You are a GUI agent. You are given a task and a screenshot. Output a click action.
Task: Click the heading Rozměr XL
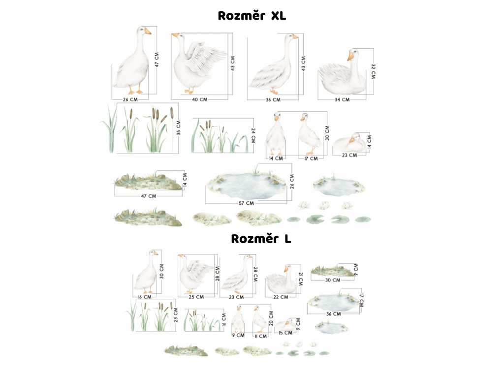252,15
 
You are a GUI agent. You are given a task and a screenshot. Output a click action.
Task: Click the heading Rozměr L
261,239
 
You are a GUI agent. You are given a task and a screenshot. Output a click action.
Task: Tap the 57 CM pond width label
246,203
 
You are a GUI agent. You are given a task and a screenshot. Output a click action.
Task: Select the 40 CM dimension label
199,99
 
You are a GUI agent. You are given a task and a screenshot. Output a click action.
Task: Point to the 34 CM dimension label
342,99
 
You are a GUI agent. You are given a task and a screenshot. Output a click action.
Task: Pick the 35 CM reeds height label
179,127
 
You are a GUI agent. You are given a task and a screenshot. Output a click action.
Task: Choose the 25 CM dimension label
196,297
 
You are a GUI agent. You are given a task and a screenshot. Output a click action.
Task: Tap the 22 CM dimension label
280,297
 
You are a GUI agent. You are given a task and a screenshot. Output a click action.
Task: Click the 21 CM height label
300,279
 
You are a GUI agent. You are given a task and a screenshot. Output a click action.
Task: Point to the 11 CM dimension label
260,336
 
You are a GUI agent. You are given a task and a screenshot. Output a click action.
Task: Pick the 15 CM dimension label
285,333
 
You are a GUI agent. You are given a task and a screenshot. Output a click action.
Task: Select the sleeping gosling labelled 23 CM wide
349,143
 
